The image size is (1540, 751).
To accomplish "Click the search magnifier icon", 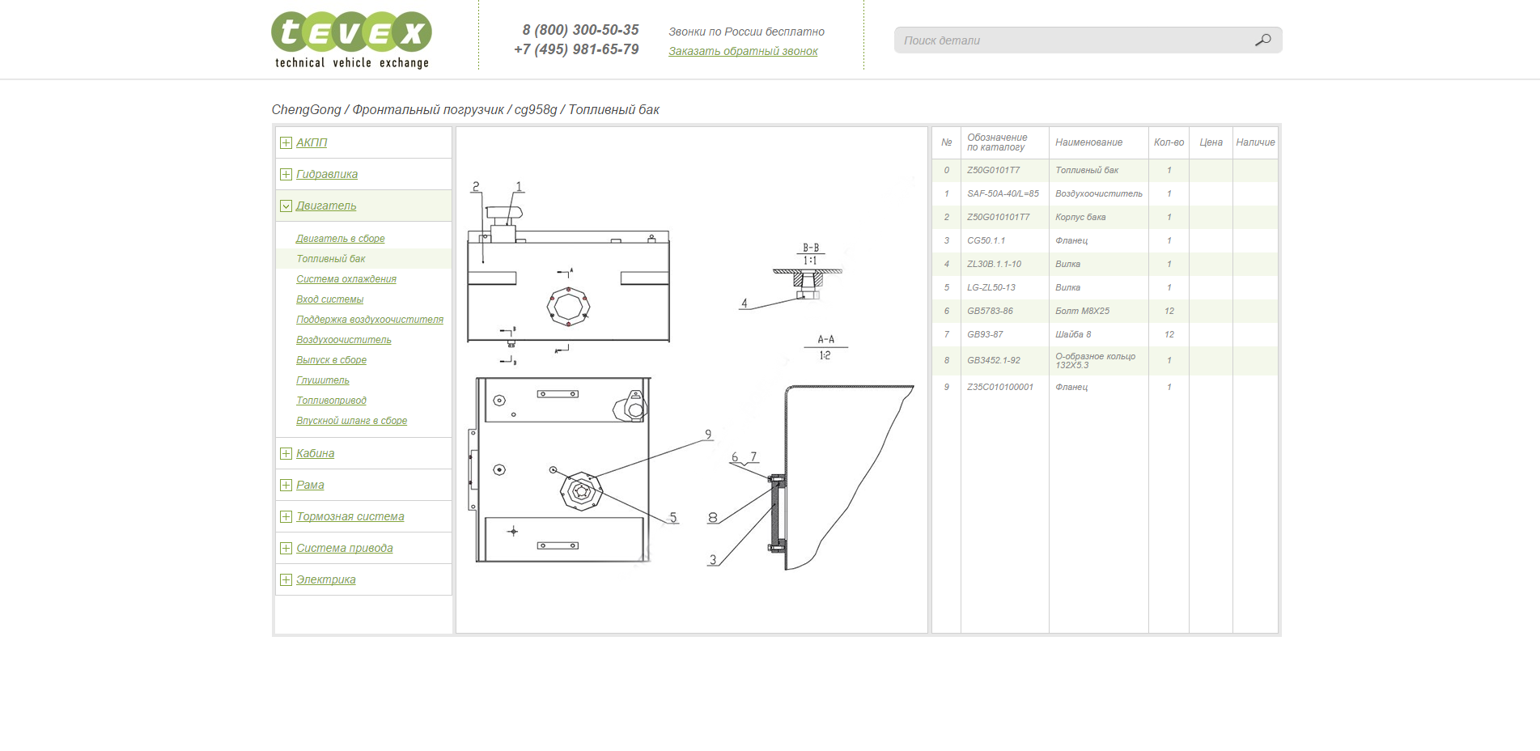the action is [1262, 40].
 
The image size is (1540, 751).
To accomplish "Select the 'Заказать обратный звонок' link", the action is [743, 51].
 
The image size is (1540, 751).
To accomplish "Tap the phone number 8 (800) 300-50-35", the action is [580, 30].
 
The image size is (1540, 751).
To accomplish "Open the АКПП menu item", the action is [312, 142].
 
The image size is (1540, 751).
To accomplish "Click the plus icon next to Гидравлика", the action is [286, 174].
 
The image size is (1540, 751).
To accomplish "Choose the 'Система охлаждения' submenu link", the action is [346, 279].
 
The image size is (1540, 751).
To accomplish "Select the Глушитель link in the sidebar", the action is [323, 380].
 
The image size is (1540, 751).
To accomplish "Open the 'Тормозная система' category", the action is [350, 516].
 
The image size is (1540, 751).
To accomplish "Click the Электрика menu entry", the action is [326, 579].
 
